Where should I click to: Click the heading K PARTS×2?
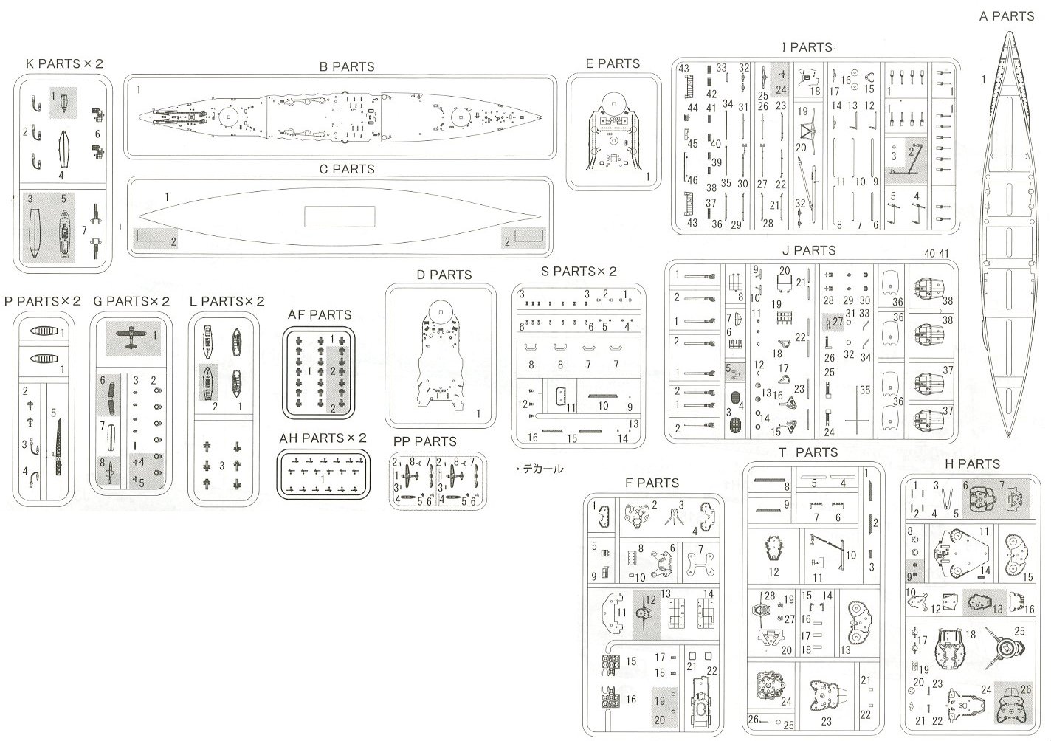point(64,63)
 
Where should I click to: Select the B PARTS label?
point(346,66)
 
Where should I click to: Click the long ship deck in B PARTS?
point(340,117)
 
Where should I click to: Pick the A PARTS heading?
point(1007,15)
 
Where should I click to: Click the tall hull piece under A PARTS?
point(1007,236)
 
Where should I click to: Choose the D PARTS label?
point(444,275)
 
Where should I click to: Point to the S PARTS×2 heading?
point(579,272)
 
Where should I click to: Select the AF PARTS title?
point(320,314)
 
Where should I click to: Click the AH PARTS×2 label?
point(323,438)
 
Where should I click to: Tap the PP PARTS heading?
point(424,441)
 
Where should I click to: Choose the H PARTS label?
point(972,464)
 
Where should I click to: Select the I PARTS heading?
point(807,47)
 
